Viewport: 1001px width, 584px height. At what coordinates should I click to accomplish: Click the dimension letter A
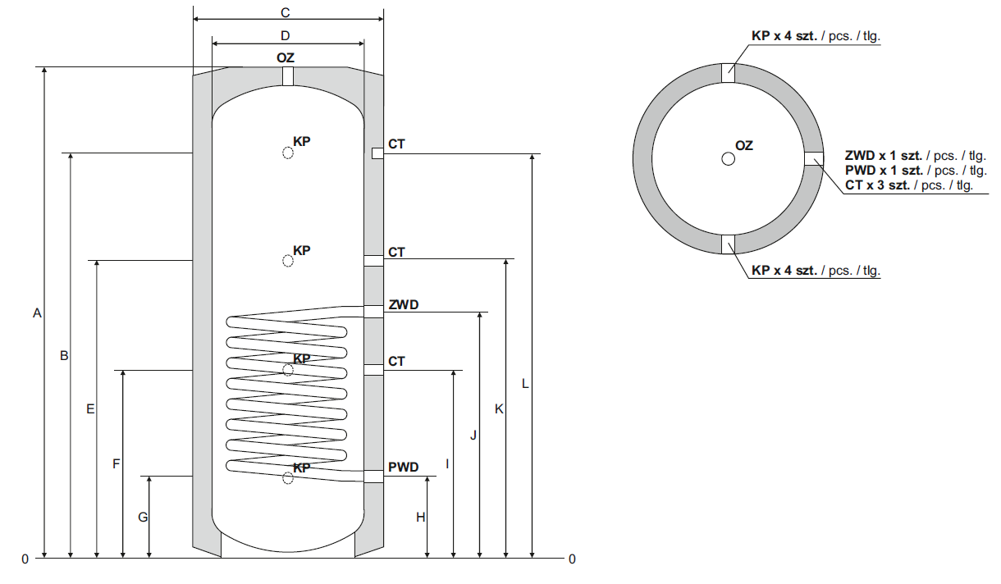tap(36, 313)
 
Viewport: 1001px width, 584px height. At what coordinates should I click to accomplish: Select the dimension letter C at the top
tap(286, 12)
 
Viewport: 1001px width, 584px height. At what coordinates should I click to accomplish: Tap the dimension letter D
tap(286, 35)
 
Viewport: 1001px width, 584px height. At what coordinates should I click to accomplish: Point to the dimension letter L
tap(525, 383)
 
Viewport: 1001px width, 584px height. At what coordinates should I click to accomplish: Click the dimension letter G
tap(143, 518)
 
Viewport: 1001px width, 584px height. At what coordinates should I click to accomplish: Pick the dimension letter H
tap(420, 518)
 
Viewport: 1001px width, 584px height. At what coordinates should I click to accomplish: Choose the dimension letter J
tap(473, 436)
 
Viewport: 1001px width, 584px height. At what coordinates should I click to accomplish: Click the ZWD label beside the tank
tap(404, 305)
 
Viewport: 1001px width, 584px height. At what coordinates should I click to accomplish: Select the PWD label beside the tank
tap(404, 468)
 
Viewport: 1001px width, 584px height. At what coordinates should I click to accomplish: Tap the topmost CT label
tap(397, 144)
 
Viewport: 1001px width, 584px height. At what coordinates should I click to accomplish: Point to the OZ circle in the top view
tap(728, 159)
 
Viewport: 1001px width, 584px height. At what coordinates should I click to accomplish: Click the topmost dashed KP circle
tap(287, 153)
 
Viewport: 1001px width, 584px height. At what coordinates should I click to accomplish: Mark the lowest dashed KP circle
tap(287, 478)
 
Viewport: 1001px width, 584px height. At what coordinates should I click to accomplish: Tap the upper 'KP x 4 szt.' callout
tap(785, 36)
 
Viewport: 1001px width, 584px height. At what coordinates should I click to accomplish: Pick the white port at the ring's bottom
tap(729, 244)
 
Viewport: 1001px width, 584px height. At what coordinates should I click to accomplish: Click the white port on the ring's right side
tap(813, 158)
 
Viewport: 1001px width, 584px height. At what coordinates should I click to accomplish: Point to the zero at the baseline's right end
tap(572, 559)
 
